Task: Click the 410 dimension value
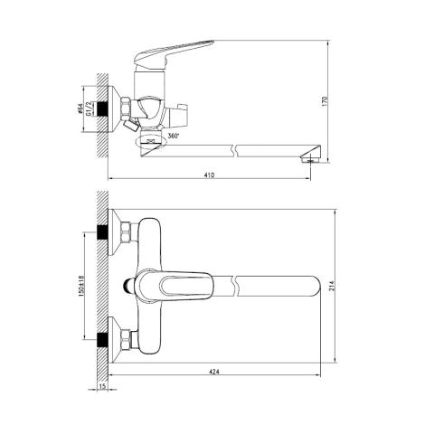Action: (x=210, y=175)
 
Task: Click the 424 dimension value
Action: (x=214, y=372)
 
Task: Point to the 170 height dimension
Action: (x=325, y=101)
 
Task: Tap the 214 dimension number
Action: (x=332, y=286)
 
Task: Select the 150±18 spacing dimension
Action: (x=81, y=286)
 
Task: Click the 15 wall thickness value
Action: (x=103, y=386)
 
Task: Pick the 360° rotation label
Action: (x=174, y=136)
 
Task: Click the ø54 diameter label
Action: (x=80, y=109)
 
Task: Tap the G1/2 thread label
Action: (x=89, y=109)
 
